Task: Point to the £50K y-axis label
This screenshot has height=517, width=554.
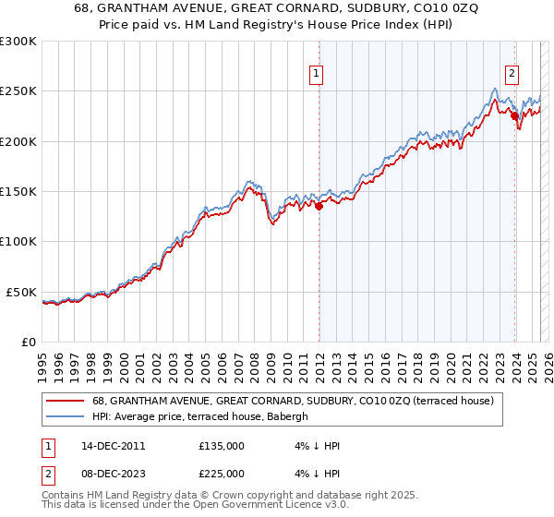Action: [x=20, y=292]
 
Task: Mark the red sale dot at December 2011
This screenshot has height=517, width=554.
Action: [x=319, y=207]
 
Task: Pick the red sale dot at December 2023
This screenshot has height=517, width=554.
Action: [x=514, y=117]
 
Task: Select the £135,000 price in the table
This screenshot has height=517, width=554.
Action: [x=222, y=446]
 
